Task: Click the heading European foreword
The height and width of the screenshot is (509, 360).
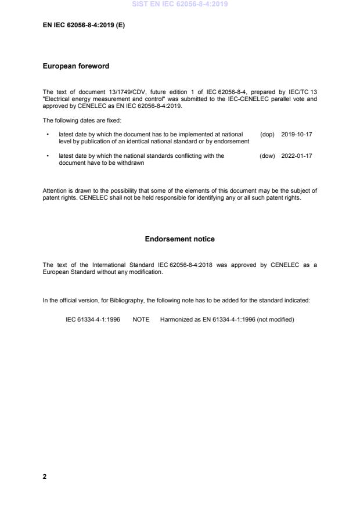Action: click(76, 66)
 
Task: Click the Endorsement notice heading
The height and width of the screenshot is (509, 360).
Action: click(180, 239)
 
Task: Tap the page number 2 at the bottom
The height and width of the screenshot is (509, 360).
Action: click(45, 476)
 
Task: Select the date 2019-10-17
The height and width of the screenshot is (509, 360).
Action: click(297, 135)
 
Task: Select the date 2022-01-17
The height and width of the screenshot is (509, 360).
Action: click(297, 156)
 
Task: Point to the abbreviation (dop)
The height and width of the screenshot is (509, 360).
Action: click(267, 135)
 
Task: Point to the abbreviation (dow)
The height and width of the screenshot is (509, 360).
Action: click(267, 156)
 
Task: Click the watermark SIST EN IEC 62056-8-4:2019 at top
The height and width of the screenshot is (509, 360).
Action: click(180, 4)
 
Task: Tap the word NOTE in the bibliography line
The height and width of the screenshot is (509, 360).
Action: click(141, 319)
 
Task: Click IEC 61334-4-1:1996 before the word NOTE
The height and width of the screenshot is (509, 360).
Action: click(93, 319)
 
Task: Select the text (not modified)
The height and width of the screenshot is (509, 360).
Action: click(275, 319)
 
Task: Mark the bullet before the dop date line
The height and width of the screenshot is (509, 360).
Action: click(47, 135)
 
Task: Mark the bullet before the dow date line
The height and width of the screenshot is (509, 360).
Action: click(47, 156)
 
